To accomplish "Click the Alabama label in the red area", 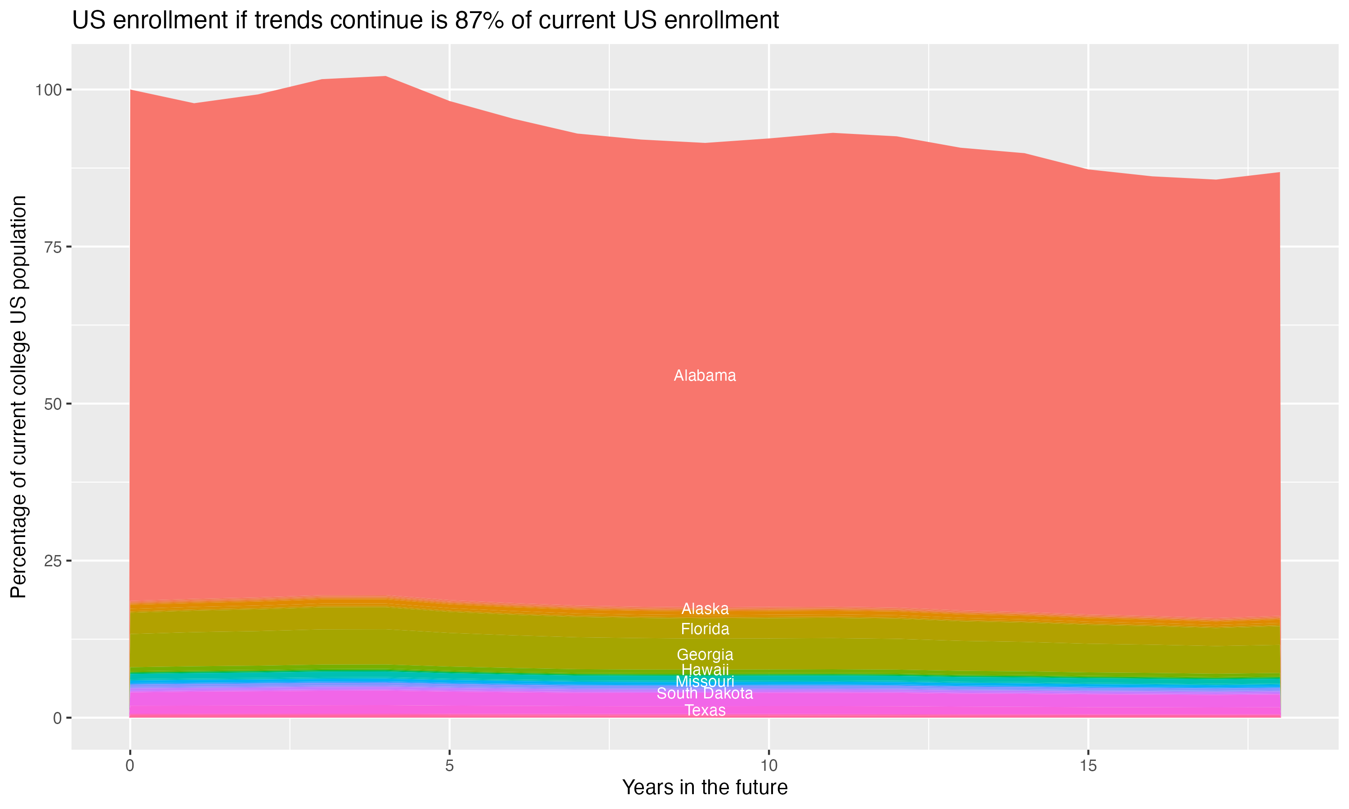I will pyautogui.click(x=705, y=376).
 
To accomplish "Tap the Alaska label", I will pyautogui.click(x=705, y=609).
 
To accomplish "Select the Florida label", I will pyautogui.click(x=705, y=629).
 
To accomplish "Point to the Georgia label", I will pyautogui.click(x=705, y=654).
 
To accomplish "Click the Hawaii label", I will pyautogui.click(x=705, y=669).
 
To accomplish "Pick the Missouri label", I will pyautogui.click(x=705, y=681).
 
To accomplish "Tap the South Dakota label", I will pyautogui.click(x=705, y=693).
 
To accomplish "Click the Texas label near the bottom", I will pyautogui.click(x=705, y=710).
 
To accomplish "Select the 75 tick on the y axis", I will pyautogui.click(x=51, y=247).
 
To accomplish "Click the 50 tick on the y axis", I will pyautogui.click(x=51, y=404).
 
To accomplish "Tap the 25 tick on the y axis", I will pyautogui.click(x=51, y=561).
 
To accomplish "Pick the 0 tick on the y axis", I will pyautogui.click(x=57, y=718).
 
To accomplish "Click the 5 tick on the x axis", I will pyautogui.click(x=449, y=766).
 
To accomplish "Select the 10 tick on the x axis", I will pyautogui.click(x=768, y=766).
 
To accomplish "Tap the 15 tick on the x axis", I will pyautogui.click(x=1088, y=766).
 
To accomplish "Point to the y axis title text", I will pyautogui.click(x=18, y=397).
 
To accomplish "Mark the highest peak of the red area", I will pyautogui.click(x=385, y=77).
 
